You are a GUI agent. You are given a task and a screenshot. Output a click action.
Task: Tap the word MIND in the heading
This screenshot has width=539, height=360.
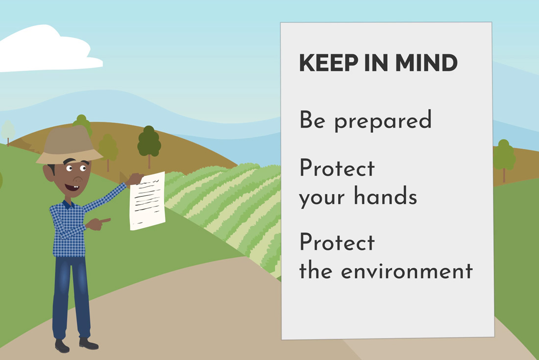426,63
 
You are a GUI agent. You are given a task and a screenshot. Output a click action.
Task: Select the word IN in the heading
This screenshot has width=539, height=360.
376,63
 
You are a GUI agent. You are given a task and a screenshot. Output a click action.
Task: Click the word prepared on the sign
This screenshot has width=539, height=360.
383,120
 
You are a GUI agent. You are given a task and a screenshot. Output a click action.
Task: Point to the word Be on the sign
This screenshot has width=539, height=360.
312,120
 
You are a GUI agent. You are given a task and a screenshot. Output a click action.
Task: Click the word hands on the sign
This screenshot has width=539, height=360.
385,195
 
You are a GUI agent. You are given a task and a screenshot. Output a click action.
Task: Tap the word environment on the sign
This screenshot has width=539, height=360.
407,271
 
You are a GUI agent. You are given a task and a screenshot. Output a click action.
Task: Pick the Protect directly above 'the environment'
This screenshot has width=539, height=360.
337,242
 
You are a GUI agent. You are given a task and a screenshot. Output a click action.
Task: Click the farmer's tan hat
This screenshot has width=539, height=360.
69,145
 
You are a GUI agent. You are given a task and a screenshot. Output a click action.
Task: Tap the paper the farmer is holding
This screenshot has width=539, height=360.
147,201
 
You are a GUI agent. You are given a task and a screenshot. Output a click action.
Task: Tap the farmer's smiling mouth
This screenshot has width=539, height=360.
72,188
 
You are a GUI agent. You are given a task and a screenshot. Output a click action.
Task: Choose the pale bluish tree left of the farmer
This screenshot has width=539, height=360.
8,132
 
